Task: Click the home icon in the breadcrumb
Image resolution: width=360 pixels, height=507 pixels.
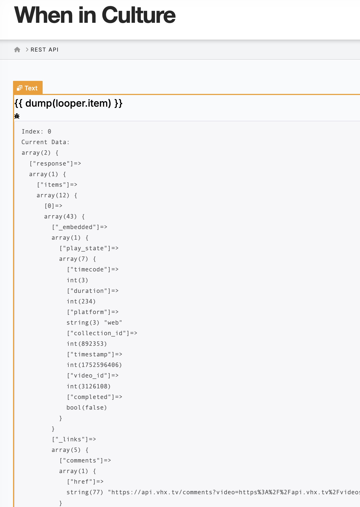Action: pyautogui.click(x=17, y=50)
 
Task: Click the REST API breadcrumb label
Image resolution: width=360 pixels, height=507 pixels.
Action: pyautogui.click(x=45, y=50)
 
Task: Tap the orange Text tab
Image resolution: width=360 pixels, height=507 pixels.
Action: pyautogui.click(x=28, y=88)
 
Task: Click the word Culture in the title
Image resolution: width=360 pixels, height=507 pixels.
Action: pyautogui.click(x=138, y=15)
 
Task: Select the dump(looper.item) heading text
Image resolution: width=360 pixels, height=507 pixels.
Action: pyautogui.click(x=68, y=103)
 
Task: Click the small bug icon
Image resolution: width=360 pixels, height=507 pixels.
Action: pyautogui.click(x=17, y=116)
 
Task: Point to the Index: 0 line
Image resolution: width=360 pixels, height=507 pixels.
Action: pyautogui.click(x=36, y=132)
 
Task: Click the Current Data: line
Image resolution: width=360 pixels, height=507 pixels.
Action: pyautogui.click(x=45, y=142)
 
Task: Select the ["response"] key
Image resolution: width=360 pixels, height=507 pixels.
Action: pyautogui.click(x=55, y=164)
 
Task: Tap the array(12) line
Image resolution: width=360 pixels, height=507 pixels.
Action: pyautogui.click(x=57, y=195)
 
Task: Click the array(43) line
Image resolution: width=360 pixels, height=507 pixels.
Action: pyautogui.click(x=64, y=217)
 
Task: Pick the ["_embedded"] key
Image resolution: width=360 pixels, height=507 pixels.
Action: pyautogui.click(x=79, y=227)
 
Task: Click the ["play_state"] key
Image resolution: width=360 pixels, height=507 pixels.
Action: pyautogui.click(x=89, y=248)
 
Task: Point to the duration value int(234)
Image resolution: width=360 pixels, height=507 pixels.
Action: pyautogui.click(x=81, y=302)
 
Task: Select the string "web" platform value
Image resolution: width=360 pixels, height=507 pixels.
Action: pyautogui.click(x=94, y=323)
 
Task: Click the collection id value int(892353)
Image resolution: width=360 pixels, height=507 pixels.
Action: pyautogui.click(x=87, y=344)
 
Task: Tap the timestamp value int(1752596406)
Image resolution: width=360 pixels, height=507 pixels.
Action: pyautogui.click(x=94, y=365)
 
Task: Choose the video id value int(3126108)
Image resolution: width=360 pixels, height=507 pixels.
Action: pyautogui.click(x=89, y=386)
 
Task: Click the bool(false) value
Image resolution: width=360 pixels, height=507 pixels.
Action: pyautogui.click(x=87, y=408)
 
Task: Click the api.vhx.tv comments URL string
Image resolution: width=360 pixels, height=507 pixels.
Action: pyautogui.click(x=233, y=492)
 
